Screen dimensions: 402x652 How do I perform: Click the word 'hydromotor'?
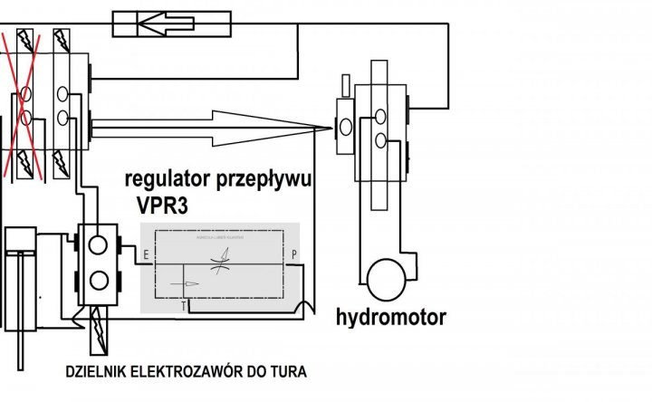tap(390, 318)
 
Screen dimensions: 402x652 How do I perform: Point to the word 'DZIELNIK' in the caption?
tap(94, 371)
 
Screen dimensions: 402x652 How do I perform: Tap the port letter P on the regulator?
tap(292, 254)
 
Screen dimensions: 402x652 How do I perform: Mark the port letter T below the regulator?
tap(184, 306)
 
